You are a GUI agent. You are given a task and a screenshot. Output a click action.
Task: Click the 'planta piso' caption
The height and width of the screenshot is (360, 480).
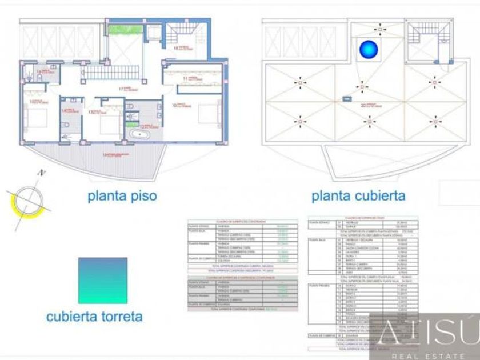pos(122,196)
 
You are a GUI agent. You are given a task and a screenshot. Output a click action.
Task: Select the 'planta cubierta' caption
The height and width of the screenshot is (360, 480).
pos(358,196)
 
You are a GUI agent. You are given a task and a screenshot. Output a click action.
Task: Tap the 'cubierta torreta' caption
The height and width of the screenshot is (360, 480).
pos(94,316)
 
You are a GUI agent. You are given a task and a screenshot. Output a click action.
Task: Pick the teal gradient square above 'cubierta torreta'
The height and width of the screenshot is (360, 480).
pos(103,280)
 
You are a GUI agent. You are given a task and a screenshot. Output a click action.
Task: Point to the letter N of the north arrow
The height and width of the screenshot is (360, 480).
pos(41,172)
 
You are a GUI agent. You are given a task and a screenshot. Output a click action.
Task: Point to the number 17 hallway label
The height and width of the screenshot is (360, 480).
pos(121,89)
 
